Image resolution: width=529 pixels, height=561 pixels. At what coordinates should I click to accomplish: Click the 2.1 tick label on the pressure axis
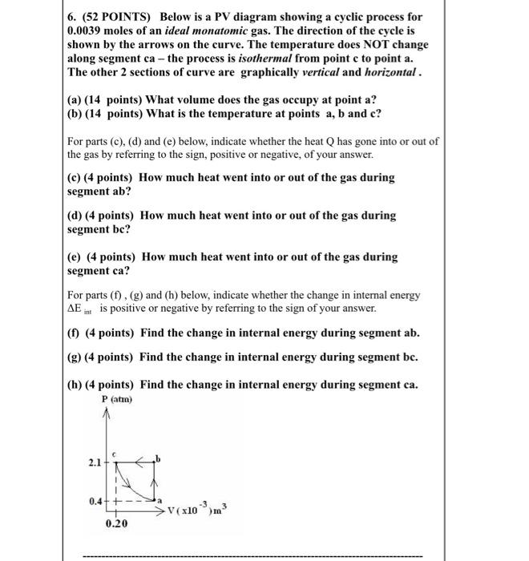[x=95, y=462]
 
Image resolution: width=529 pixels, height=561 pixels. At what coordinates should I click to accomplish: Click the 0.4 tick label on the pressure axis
[x=95, y=502]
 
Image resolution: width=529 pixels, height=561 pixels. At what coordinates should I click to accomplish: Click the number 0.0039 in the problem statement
[x=91, y=30]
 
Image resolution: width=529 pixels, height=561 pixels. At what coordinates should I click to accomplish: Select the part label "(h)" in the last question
[x=77, y=384]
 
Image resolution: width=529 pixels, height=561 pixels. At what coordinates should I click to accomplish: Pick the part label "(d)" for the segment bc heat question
[x=78, y=216]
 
